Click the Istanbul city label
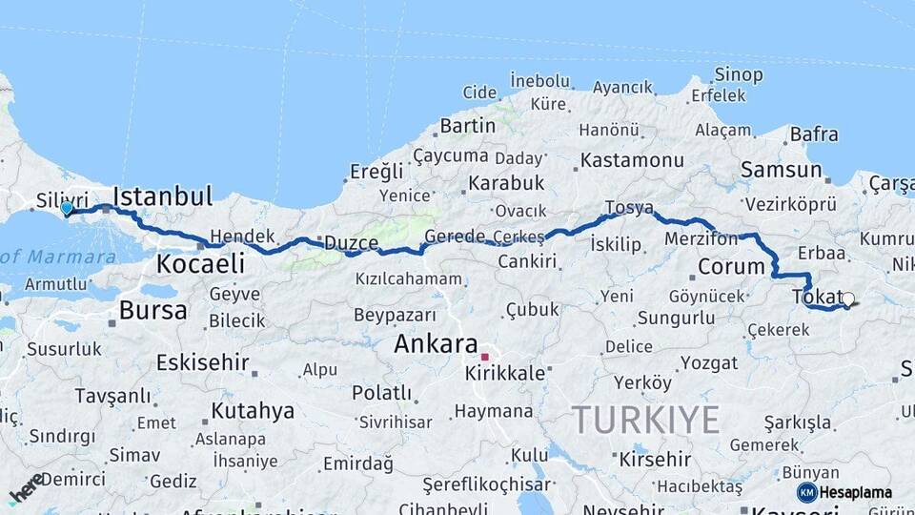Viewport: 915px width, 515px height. point(162,197)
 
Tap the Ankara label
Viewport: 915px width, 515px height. point(437,343)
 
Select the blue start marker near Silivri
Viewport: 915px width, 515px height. point(66,208)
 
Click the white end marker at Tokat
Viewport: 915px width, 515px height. point(847,299)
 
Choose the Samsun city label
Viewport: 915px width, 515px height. point(781,171)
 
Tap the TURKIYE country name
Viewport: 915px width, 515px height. point(645,419)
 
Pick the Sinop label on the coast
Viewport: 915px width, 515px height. point(739,74)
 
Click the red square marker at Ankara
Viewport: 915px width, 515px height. point(484,357)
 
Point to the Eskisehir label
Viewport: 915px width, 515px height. point(202,362)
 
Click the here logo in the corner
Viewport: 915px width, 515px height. point(25,488)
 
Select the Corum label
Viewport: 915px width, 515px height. point(731,266)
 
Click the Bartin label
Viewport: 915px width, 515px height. point(467,126)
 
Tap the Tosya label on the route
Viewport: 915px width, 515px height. point(629,208)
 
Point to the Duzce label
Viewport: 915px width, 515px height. point(351,243)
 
